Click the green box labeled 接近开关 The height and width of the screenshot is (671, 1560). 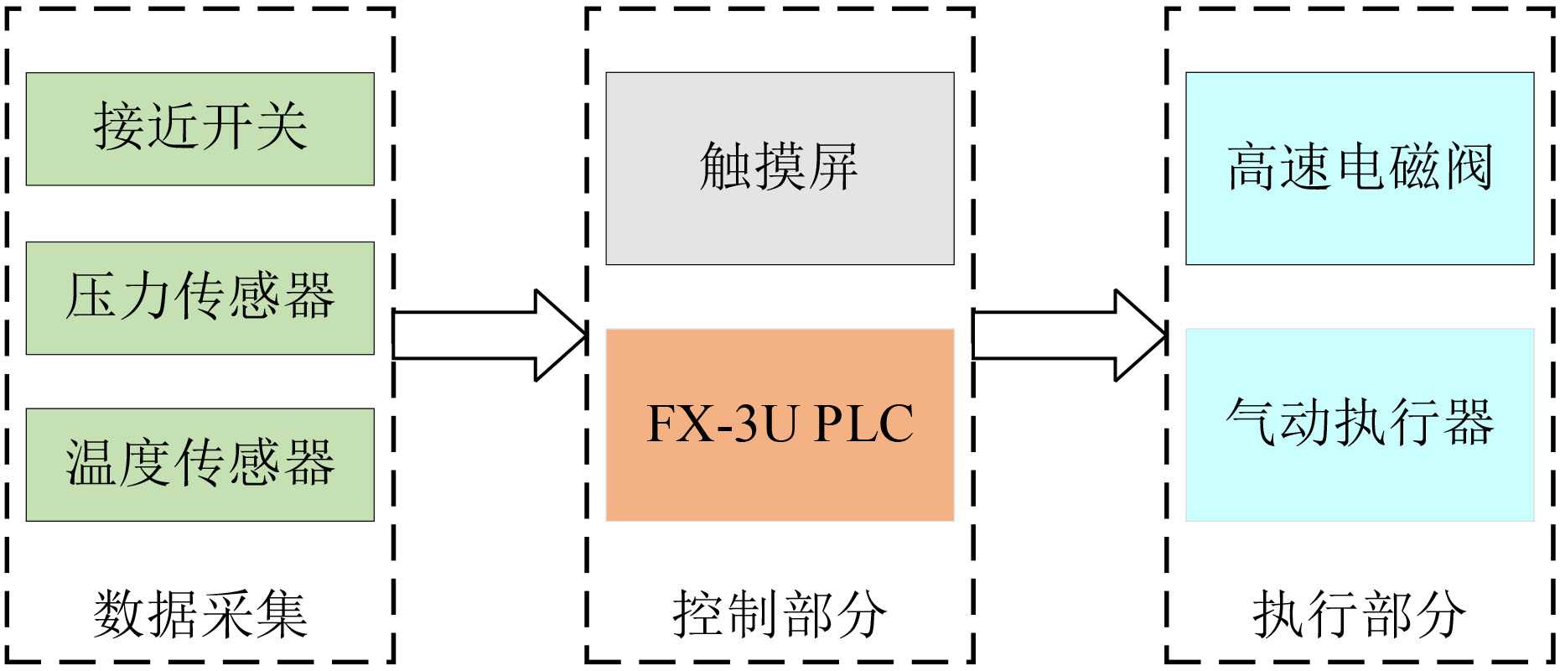coord(200,128)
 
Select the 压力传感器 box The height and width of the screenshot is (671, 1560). coord(200,298)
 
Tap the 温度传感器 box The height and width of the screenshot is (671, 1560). coord(200,465)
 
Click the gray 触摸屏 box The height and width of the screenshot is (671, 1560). coord(780,168)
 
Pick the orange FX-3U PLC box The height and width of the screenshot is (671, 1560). coord(780,424)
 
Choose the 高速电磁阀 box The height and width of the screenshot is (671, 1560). coord(1359,168)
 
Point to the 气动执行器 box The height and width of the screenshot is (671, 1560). coord(1359,424)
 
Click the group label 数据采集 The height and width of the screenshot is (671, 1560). coord(200,614)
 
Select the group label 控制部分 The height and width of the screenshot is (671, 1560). coord(780,614)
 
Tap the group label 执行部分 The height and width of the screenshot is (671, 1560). coord(1359,614)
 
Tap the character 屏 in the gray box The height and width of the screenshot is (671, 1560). coord(833,167)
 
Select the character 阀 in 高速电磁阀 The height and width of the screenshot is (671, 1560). coord(1468,167)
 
